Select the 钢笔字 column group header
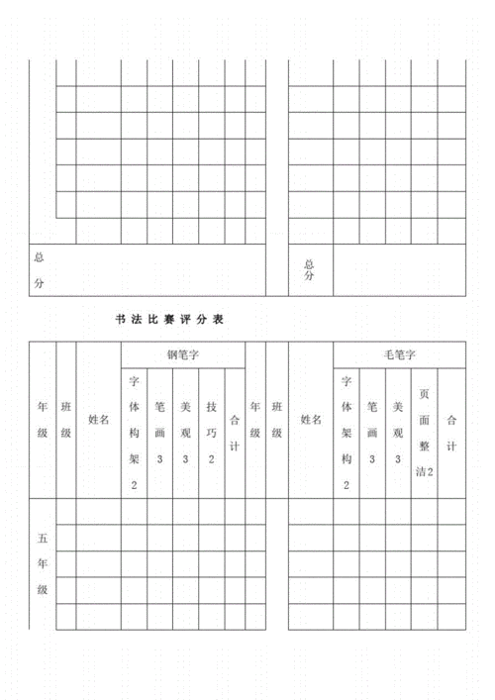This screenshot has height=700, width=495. click(x=183, y=353)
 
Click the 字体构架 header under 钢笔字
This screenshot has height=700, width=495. click(x=135, y=432)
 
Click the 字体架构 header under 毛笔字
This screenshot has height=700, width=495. click(x=346, y=432)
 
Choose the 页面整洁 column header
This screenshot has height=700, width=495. click(x=424, y=432)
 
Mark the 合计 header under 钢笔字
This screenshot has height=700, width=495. click(x=235, y=420)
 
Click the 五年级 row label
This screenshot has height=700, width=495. click(x=43, y=564)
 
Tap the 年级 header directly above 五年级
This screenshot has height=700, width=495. click(x=43, y=420)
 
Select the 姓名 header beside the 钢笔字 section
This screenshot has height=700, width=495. click(x=98, y=420)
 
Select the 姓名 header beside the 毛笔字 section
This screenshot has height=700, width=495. click(x=311, y=420)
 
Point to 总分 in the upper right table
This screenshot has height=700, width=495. click(x=310, y=270)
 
